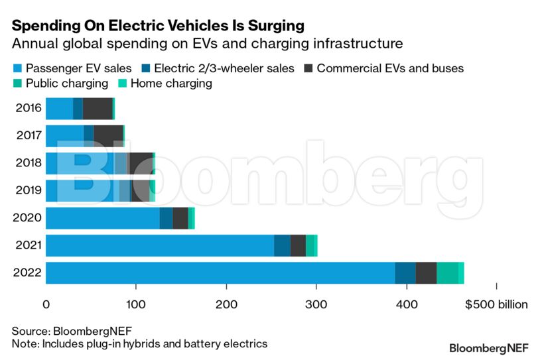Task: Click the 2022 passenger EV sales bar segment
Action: (220, 273)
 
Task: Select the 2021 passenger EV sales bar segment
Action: (159, 245)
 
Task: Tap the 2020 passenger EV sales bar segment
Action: (102, 217)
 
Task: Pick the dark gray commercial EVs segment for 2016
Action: (98, 108)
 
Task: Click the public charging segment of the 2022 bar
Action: (447, 273)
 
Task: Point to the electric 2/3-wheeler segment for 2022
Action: (405, 273)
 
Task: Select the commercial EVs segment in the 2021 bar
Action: (298, 245)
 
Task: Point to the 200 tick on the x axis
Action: (226, 305)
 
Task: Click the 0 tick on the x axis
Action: (46, 305)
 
